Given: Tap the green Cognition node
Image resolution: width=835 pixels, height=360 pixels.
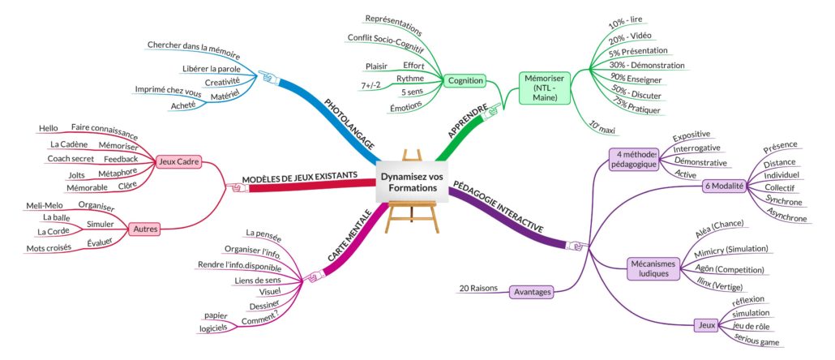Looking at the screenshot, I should coord(465,80).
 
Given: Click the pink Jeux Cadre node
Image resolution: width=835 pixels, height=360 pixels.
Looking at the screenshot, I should coord(178,161).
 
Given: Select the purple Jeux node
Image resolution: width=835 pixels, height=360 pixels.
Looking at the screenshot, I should coord(706,325).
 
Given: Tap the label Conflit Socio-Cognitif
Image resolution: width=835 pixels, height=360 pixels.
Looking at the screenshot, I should coord(385,37).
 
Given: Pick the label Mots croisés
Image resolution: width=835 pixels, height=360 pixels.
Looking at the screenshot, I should coord(49,246).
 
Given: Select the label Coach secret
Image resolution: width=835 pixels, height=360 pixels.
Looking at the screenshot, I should coord(71,158).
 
